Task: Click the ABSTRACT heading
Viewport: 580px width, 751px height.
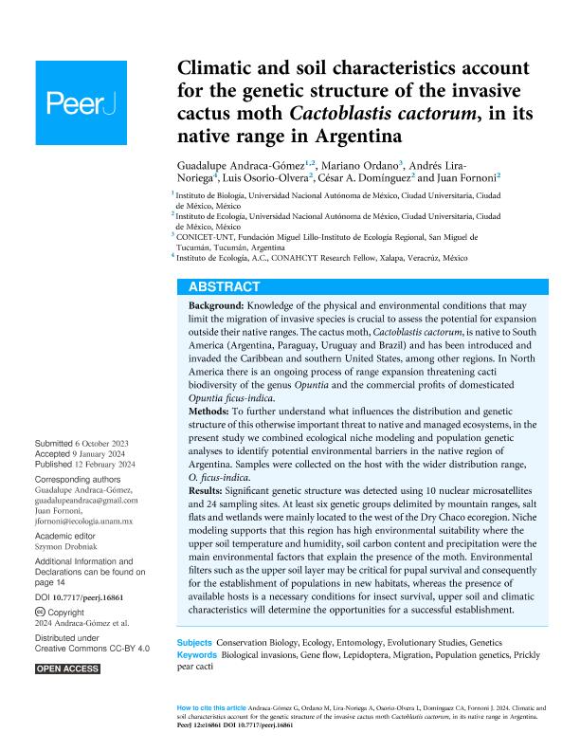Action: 225,286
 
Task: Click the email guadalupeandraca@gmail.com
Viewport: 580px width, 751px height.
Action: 86,500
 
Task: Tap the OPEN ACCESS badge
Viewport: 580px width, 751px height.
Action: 67,669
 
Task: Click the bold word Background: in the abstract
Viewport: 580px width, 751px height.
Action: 215,306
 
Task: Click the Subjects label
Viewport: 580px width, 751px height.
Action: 195,643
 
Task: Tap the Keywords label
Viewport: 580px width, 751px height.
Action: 198,654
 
